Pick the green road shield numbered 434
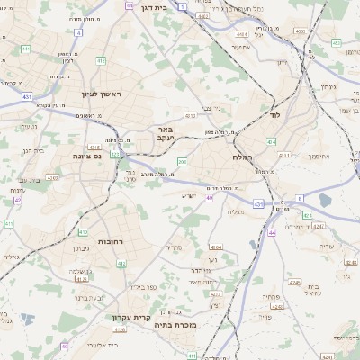271,141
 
